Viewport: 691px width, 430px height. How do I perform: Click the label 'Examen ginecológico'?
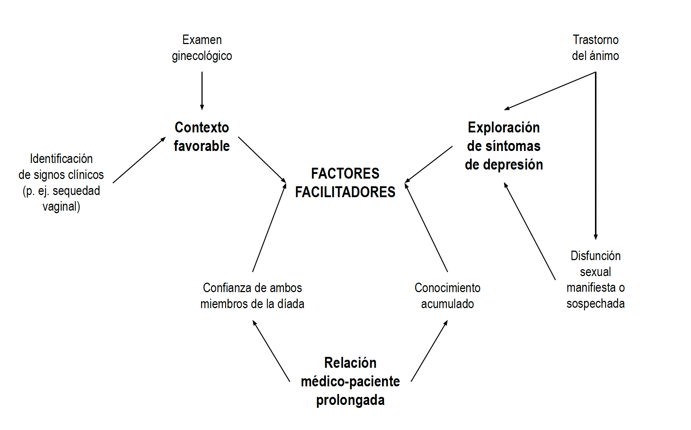[x=202, y=48]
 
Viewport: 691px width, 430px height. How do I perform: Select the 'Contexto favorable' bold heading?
[x=202, y=137]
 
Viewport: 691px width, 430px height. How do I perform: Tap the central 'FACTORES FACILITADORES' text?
[x=345, y=183]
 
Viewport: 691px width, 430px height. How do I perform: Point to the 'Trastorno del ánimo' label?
[x=595, y=48]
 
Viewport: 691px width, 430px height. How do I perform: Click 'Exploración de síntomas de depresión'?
[x=504, y=146]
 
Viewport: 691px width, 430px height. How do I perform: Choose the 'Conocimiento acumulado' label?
[x=447, y=295]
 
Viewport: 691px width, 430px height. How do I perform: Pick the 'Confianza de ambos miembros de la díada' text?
[x=252, y=295]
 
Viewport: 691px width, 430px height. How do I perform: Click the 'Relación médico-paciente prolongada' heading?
[x=350, y=381]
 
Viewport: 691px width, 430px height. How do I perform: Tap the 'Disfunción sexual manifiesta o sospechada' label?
[x=595, y=279]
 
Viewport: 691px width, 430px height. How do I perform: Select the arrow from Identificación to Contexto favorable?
[x=139, y=160]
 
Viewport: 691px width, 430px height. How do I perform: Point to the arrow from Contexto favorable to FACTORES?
[x=262, y=160]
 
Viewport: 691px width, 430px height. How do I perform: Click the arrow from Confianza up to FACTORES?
[x=269, y=228]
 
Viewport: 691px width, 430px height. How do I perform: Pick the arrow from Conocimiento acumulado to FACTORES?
[x=426, y=228]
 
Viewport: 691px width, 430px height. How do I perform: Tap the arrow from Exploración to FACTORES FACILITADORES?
[x=429, y=164]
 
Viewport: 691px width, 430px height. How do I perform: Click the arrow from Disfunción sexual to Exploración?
[x=530, y=231]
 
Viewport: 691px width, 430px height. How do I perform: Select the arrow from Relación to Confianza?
[x=271, y=351]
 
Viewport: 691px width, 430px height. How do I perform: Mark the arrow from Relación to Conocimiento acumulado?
[x=429, y=351]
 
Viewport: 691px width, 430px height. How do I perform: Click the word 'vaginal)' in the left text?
[x=61, y=207]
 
